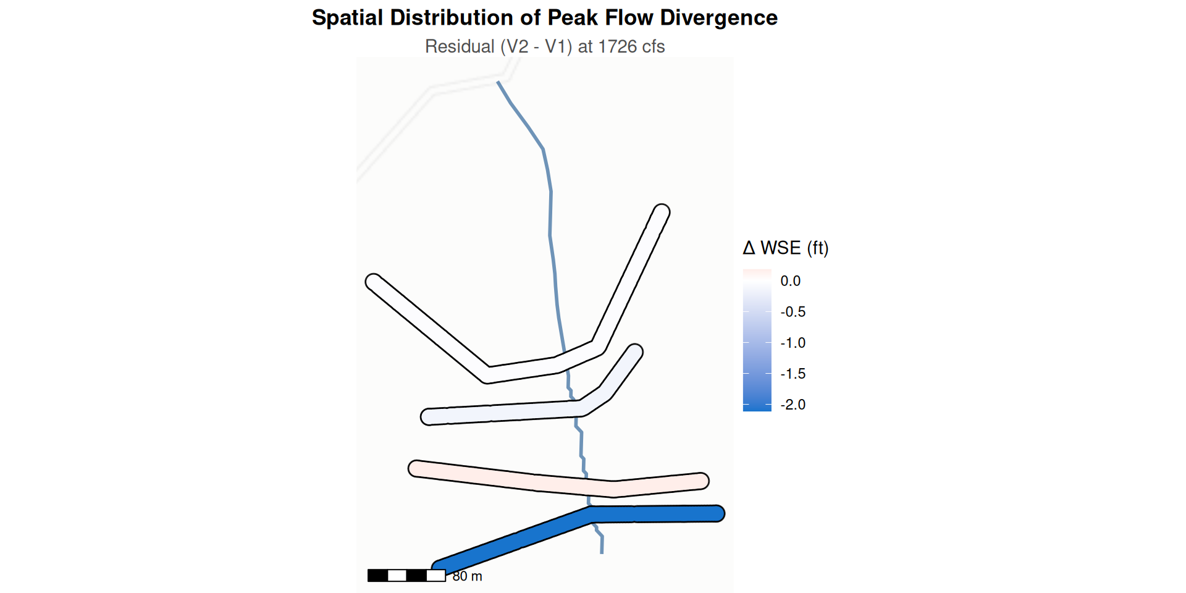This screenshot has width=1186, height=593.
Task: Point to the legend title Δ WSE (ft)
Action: [x=786, y=248]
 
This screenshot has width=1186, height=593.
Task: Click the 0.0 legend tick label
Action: [x=790, y=281]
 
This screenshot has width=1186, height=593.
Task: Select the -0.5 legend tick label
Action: [x=793, y=312]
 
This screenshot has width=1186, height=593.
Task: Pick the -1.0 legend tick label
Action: [x=793, y=343]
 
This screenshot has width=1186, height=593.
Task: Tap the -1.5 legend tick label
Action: [x=793, y=374]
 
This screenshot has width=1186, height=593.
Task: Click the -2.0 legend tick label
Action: [x=793, y=405]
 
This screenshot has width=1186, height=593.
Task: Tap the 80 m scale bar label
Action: [x=467, y=576]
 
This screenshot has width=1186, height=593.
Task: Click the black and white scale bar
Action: [x=406, y=576]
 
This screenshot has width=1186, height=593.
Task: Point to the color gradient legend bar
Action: [x=757, y=340]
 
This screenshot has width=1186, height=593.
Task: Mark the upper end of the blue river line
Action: [x=498, y=82]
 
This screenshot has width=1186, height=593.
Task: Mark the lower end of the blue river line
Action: [x=602, y=553]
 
